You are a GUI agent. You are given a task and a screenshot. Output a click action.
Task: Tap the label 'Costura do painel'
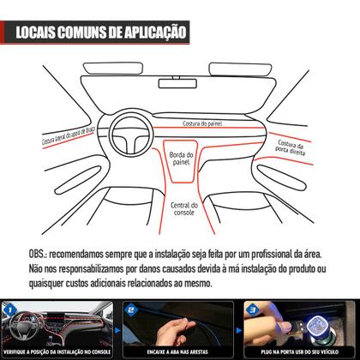coord(203,124)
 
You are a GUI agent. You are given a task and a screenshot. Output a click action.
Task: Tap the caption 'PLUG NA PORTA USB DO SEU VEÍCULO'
coord(300,351)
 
